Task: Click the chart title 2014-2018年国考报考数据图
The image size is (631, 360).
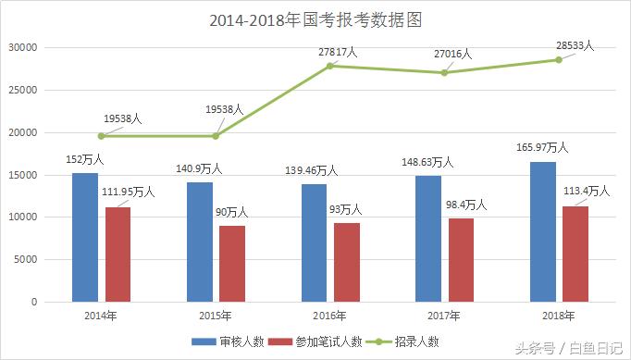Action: pos(315,19)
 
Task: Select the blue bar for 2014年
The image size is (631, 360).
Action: pos(85,237)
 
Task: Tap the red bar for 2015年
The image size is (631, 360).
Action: pos(231,264)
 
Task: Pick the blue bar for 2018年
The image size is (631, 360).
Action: pos(543,231)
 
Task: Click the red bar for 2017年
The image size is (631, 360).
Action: pos(461,260)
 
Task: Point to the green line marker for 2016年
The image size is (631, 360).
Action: pos(330,66)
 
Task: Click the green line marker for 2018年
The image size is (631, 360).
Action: pos(559,60)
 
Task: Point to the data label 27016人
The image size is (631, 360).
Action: pos(452,55)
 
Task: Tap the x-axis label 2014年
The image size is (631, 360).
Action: pos(100,316)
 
